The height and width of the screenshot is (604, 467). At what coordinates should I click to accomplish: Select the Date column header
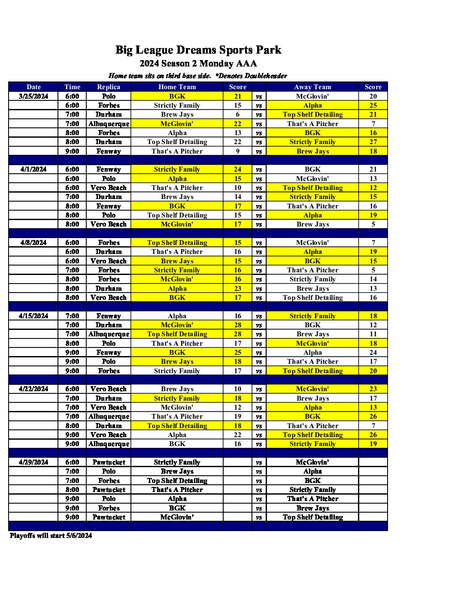pos(33,87)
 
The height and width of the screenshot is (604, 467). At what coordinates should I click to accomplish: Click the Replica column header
pos(109,87)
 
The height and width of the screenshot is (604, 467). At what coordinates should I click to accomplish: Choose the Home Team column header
pos(177,87)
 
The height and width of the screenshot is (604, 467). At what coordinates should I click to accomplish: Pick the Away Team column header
pos(312,87)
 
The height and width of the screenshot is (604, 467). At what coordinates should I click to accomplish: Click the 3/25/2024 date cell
pos(33,96)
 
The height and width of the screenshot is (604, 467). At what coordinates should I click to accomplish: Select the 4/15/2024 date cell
pos(33,316)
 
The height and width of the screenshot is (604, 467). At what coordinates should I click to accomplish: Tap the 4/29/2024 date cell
pos(33,462)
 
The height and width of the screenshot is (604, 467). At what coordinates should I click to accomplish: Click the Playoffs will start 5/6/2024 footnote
pos(51,535)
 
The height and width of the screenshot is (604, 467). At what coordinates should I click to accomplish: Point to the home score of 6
pos(237,115)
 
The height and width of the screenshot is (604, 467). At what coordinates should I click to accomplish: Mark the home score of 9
pos(237,151)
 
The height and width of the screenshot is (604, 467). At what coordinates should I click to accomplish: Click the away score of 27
pos(373,142)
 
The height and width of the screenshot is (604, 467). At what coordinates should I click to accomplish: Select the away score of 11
pos(373,334)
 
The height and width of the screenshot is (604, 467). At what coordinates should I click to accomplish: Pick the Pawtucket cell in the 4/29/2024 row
pos(109,462)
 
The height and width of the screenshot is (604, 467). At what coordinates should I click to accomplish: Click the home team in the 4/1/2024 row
pos(177,169)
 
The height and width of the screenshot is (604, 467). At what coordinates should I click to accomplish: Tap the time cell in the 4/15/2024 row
pos(72,316)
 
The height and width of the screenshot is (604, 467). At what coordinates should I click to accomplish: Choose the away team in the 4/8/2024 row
pos(312,242)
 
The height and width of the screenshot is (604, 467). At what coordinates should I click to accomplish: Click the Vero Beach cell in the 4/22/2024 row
pos(109,389)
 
